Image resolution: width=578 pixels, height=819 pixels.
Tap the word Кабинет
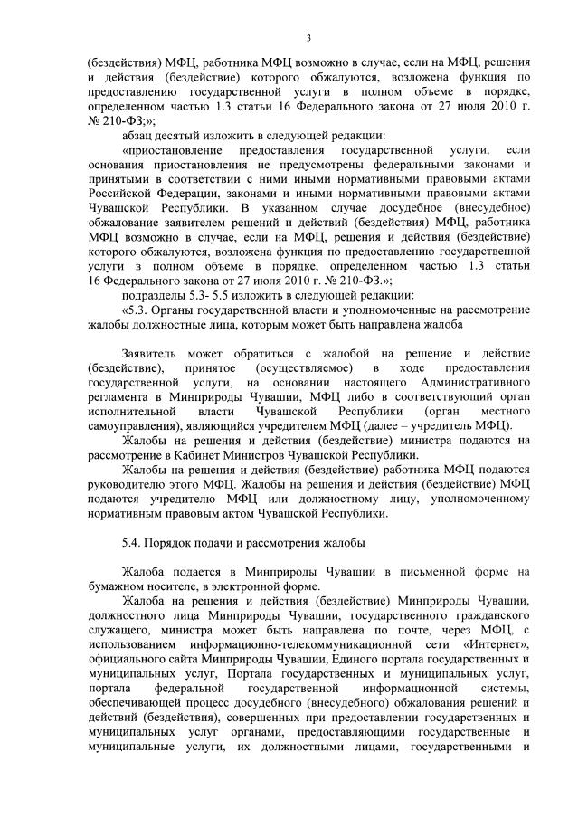(x=233, y=456)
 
